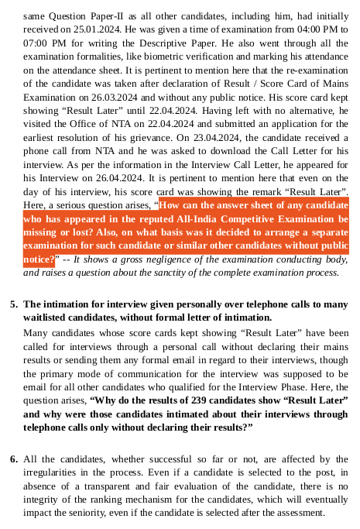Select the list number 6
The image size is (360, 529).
point(14,460)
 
